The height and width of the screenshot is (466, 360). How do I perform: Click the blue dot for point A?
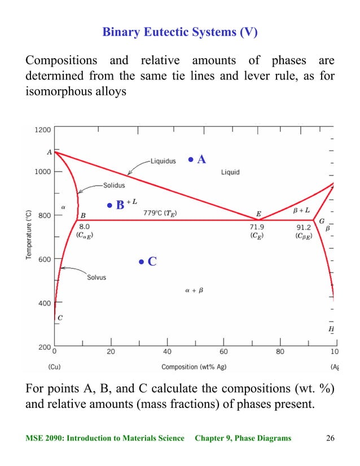point(191,160)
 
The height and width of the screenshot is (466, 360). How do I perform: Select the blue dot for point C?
point(142,262)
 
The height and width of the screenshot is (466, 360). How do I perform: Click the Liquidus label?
point(163,161)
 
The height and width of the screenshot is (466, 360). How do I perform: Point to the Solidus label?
point(114,184)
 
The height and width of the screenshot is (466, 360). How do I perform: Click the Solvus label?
point(96,278)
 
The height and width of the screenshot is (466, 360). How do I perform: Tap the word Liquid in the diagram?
point(230,172)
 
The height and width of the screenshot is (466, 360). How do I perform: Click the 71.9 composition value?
point(257,227)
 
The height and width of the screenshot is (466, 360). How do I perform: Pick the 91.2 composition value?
point(305,227)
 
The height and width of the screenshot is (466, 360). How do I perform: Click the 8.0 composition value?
point(82,227)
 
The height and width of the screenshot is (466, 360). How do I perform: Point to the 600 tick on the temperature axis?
point(45,260)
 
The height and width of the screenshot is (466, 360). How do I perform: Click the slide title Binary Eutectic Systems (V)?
point(179,32)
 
